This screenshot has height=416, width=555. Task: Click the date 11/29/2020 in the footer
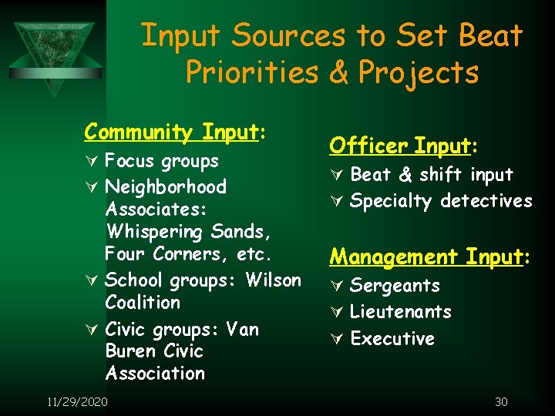coord(77,401)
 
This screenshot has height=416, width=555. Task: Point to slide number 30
coord(500,401)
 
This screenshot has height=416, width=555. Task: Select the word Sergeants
coord(395,286)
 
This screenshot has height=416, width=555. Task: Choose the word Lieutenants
coord(400,312)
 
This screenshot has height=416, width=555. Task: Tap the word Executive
coord(392,339)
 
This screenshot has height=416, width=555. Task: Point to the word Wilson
coord(274,280)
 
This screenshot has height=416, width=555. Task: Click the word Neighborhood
coord(166,187)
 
